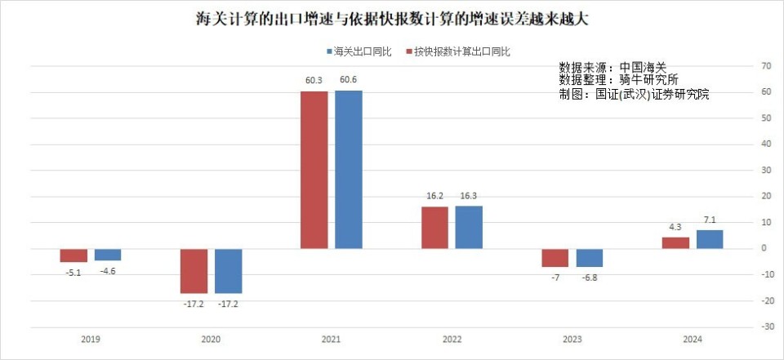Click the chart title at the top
tap(391, 18)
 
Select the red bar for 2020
tap(194, 270)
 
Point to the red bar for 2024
tap(675, 242)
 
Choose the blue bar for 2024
tap(709, 239)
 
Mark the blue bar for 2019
tap(108, 254)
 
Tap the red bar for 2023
tap(555, 257)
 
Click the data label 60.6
tap(349, 80)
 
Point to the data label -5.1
tap(73, 273)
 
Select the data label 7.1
tap(710, 220)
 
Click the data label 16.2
tap(434, 197)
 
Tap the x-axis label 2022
tap(452, 339)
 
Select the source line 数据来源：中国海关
tap(612, 67)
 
